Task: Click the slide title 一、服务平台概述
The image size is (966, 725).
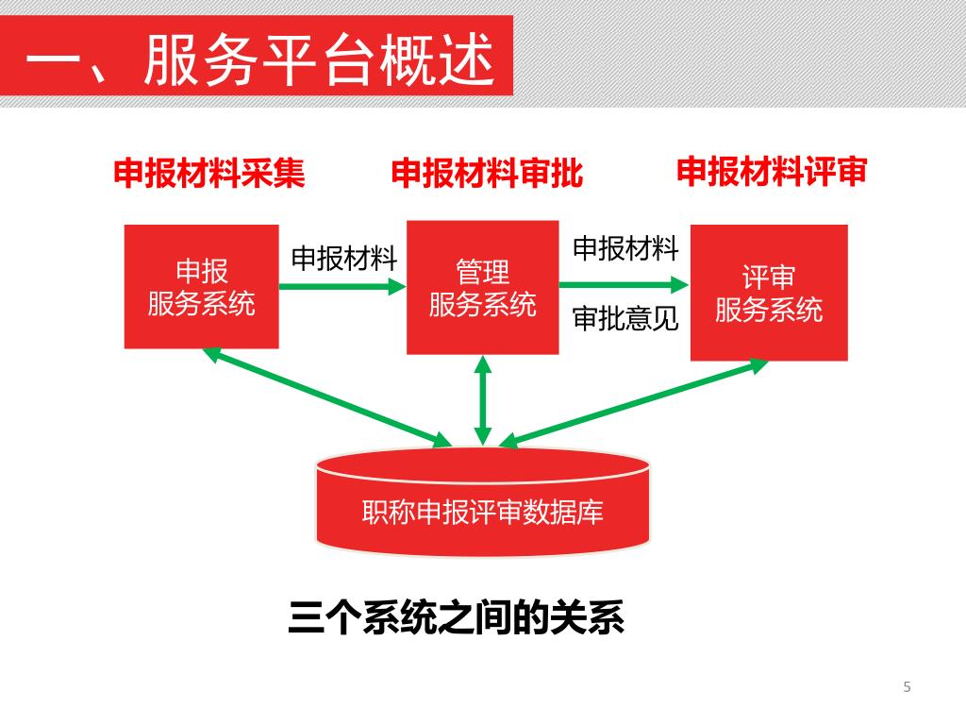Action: (x=259, y=61)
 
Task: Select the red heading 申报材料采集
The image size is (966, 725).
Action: (x=209, y=174)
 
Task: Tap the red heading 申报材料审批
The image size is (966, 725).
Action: (x=487, y=174)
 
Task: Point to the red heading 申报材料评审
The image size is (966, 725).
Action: (x=772, y=172)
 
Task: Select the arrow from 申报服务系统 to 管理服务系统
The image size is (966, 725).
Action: (x=342, y=285)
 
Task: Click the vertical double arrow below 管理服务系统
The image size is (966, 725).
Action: (x=483, y=399)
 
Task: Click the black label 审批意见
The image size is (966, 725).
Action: (x=625, y=319)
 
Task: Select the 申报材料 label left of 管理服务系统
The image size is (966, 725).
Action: (x=343, y=259)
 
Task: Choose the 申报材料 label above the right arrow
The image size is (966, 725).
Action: (x=625, y=248)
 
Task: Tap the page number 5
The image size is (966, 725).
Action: (x=907, y=686)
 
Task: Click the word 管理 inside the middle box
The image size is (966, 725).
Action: (x=483, y=274)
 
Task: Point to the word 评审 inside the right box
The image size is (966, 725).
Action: (x=769, y=278)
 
